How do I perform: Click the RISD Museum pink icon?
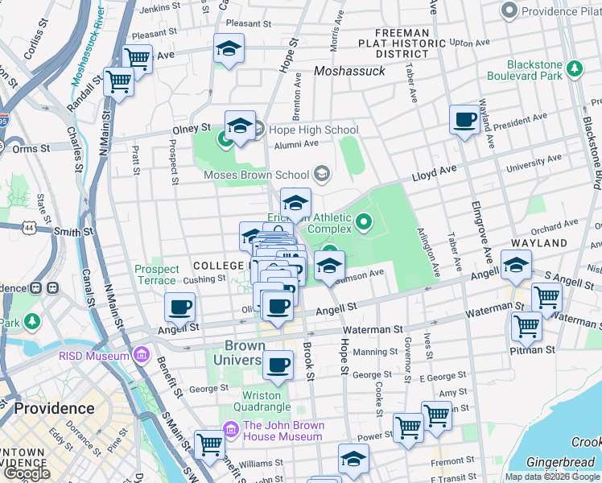[x=142, y=355]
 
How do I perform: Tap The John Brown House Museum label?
[x=282, y=431]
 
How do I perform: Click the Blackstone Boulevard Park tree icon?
[x=575, y=70]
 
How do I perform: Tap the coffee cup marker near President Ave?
[x=464, y=121]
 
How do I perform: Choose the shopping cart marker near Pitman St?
[x=526, y=327]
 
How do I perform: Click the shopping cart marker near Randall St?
[x=118, y=81]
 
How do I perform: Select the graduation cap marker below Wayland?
[x=515, y=264]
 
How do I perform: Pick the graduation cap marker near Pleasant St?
[x=229, y=49]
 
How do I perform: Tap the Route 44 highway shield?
[x=29, y=229]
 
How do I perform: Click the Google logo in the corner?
[x=27, y=473]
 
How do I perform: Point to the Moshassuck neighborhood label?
[x=349, y=71]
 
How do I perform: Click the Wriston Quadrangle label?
[x=262, y=401]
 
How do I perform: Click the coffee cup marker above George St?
[x=278, y=365]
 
